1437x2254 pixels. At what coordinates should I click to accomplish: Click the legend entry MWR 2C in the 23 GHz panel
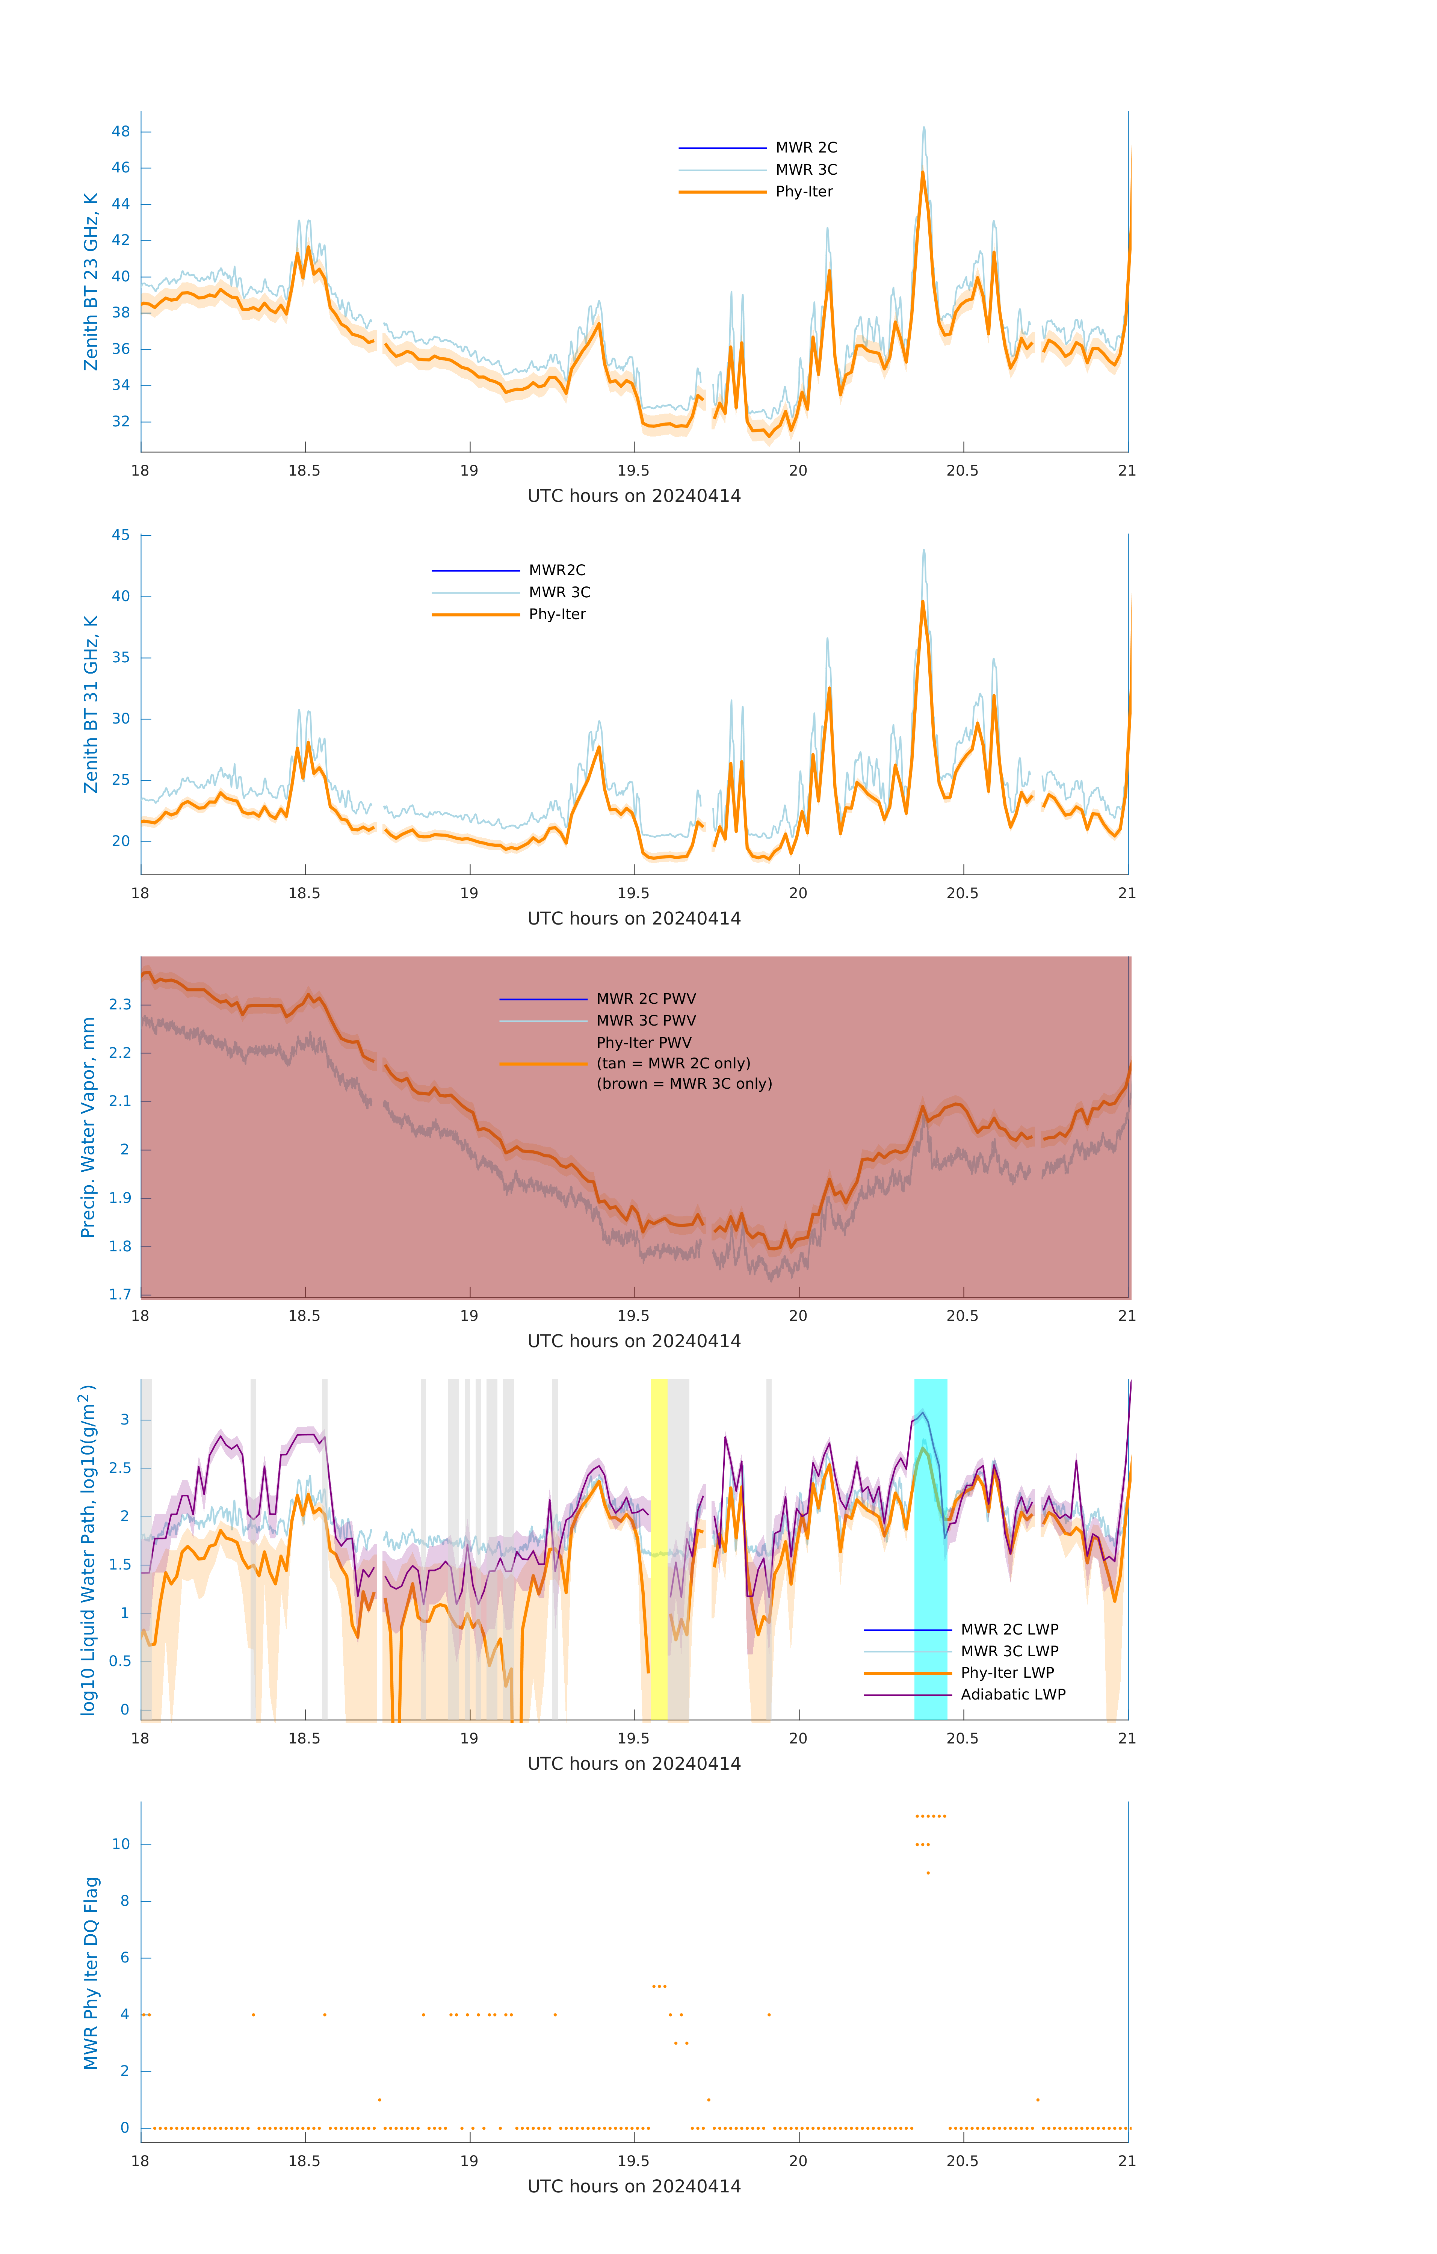pos(805,148)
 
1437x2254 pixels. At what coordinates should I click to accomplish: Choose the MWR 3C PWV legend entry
pos(646,1020)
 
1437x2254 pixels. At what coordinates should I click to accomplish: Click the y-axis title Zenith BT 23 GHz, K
pos(91,282)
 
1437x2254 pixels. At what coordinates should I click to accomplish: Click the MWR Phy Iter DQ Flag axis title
pos(91,1973)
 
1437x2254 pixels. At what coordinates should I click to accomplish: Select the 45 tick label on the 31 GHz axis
pos(121,535)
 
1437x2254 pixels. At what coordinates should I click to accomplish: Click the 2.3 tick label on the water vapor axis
pos(120,1005)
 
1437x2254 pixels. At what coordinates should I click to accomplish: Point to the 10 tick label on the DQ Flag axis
pos(121,1844)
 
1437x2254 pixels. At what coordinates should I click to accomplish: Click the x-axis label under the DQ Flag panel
pos(634,2187)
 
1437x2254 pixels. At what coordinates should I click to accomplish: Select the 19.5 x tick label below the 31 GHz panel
pos(633,893)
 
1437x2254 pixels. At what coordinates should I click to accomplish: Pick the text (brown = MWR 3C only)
pos(685,1084)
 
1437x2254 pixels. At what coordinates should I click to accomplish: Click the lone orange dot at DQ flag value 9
pos(928,1873)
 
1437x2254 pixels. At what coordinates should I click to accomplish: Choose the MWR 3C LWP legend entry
pos(1009,1651)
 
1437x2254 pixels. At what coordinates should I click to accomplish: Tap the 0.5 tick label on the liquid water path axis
pos(120,1662)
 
